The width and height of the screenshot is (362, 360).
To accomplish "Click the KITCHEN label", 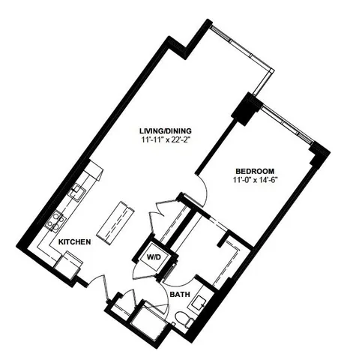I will pos(75,242).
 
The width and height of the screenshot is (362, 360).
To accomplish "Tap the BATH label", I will pos(179,295).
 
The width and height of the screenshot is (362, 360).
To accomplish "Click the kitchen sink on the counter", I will pos(76,192).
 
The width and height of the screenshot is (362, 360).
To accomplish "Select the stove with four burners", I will pos(55,220).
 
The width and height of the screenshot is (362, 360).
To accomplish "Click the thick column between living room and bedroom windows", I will pos(246,109).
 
